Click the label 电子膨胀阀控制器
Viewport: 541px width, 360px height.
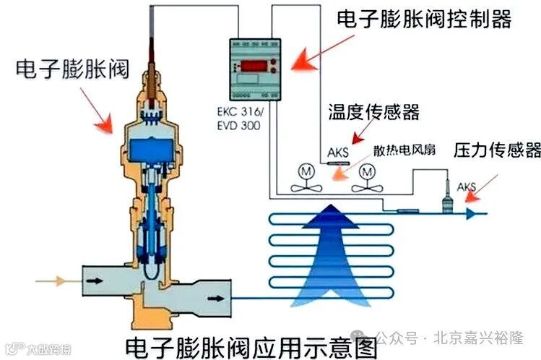(424, 19)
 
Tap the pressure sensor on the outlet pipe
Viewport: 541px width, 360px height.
(448, 197)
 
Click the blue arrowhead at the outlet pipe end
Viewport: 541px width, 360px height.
(470, 213)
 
